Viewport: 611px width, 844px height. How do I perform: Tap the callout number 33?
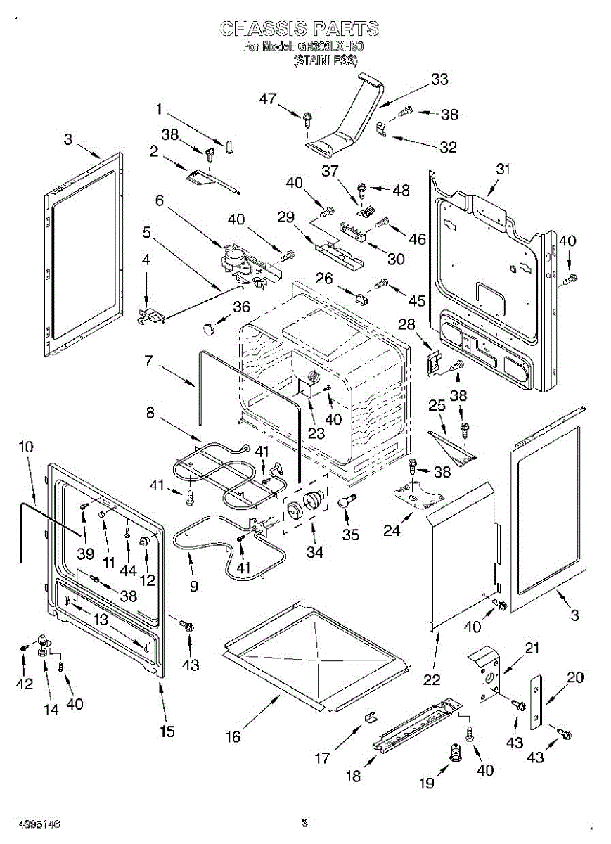click(439, 79)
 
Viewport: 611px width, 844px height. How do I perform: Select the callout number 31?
click(503, 169)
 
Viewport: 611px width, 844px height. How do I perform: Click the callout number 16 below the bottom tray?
click(233, 736)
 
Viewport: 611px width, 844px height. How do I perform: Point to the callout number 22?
click(432, 679)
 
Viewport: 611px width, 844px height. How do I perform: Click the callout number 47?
click(268, 99)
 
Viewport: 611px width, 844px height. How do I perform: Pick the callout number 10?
click(25, 446)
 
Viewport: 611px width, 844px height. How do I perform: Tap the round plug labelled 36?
click(207, 328)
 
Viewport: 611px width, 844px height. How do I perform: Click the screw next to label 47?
click(307, 120)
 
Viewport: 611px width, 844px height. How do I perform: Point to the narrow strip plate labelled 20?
click(537, 701)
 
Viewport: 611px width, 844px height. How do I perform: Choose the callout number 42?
click(25, 684)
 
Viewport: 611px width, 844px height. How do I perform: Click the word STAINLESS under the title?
click(326, 62)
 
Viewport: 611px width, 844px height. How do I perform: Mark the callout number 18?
click(353, 776)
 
